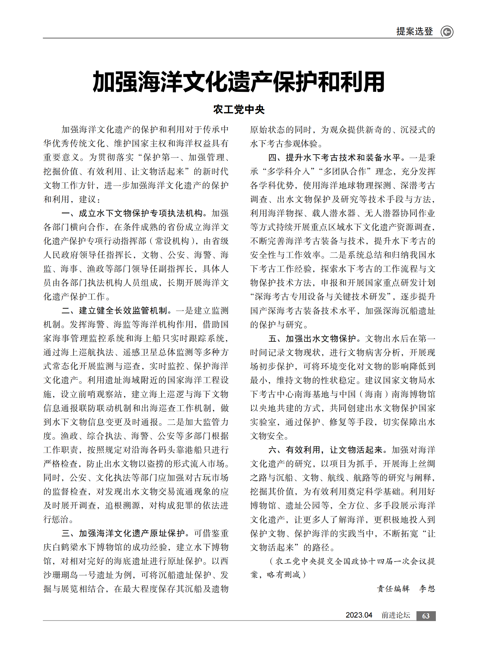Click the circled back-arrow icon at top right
coord(447,32)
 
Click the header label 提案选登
coord(415,31)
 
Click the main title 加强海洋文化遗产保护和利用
coord(239,82)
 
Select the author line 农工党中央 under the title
coord(239,110)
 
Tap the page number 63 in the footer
coord(426,616)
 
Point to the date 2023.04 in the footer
coord(359,615)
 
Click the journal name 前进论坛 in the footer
coord(396,615)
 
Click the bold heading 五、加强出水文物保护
coord(312,339)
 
